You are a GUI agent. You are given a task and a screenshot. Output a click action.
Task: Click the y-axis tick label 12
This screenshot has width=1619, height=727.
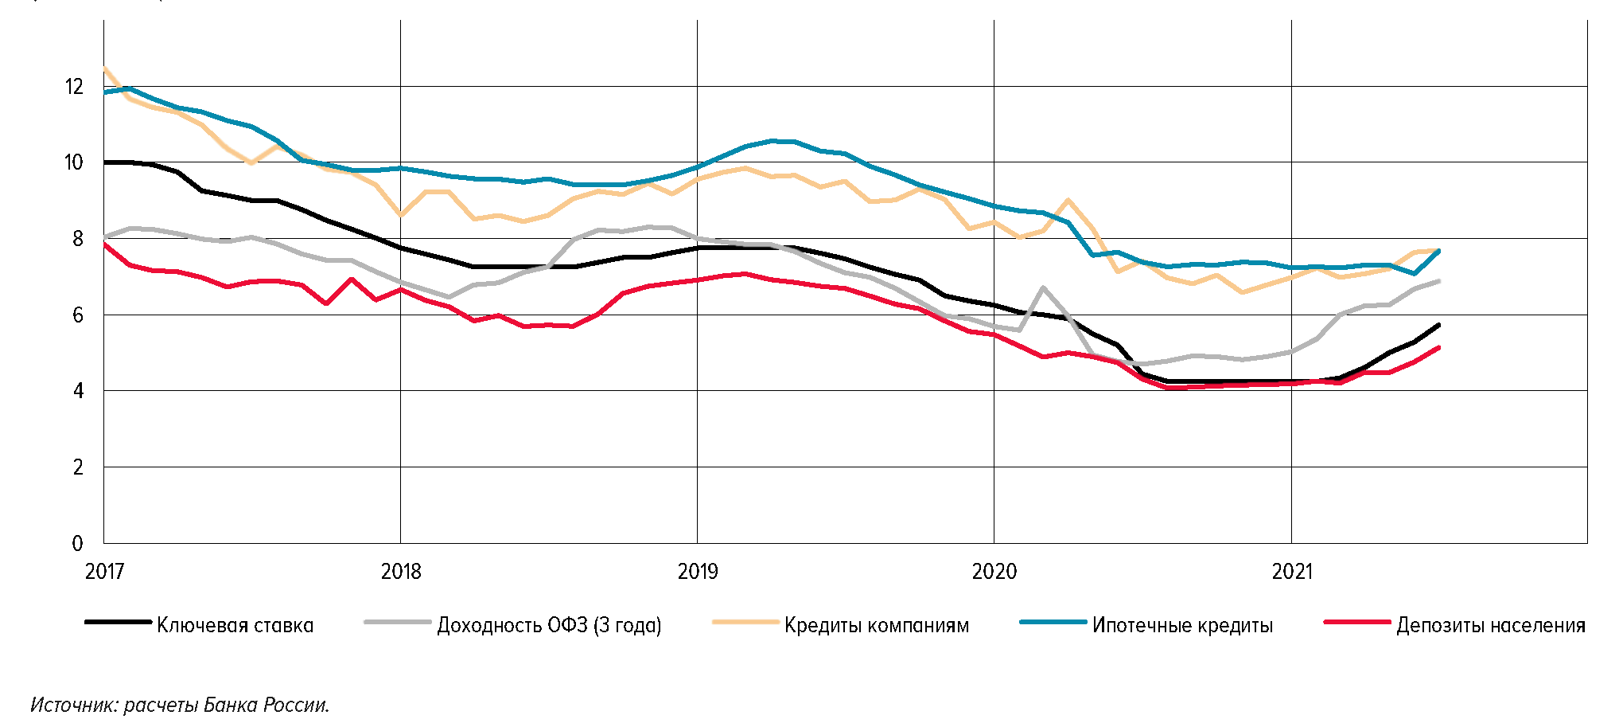(74, 87)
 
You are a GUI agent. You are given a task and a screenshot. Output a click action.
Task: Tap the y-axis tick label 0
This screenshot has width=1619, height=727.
(77, 544)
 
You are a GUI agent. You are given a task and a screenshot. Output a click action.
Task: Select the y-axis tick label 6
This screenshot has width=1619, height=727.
(77, 315)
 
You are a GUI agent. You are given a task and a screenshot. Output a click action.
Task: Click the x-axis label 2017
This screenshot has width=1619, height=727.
(104, 572)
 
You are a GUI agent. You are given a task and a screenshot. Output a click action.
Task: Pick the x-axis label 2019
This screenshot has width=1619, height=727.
(698, 572)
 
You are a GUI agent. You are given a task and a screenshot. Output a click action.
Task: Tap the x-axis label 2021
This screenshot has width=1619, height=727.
(1292, 572)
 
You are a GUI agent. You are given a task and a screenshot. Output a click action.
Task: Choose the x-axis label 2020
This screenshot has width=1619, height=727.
(994, 572)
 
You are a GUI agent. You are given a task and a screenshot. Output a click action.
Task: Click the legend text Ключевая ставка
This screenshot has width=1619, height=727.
(235, 626)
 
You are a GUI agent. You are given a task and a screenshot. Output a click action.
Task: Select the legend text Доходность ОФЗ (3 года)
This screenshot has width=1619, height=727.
(549, 626)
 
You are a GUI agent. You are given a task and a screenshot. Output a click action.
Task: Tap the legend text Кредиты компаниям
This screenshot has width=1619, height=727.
(877, 626)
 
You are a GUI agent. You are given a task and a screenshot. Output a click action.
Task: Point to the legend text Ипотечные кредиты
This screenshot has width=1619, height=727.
(1182, 626)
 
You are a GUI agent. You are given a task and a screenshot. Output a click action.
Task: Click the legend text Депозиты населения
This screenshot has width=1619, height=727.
(1491, 626)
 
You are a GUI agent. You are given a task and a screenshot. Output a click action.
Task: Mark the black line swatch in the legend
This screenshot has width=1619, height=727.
(118, 622)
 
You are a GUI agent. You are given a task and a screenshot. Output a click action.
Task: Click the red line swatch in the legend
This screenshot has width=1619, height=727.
(1357, 622)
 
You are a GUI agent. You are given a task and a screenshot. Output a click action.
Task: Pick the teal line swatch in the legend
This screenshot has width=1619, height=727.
(1053, 622)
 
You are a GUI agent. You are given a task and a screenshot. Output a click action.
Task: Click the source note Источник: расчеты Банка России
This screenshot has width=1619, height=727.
(180, 706)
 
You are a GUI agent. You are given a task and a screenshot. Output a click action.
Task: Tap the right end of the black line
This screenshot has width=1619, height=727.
(1439, 325)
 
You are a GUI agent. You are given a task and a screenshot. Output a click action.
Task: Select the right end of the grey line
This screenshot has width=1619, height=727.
(1439, 281)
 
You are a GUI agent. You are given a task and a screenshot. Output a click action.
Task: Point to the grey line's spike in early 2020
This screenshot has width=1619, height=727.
(1043, 287)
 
